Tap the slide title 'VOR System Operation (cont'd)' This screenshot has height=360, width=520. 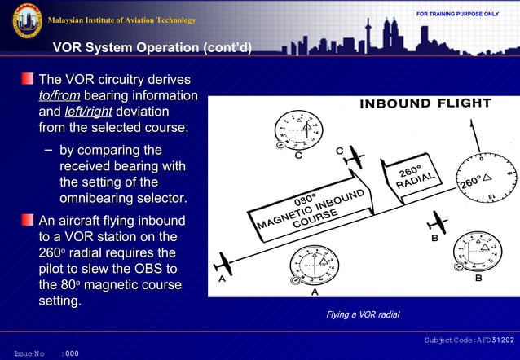point(152,48)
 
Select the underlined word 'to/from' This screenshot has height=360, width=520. point(59,96)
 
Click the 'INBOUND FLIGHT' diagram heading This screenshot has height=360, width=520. point(425,104)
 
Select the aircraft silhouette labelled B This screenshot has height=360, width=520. point(438,222)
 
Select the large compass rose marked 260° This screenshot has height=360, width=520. point(487,177)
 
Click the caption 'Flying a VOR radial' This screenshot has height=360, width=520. point(363,314)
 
